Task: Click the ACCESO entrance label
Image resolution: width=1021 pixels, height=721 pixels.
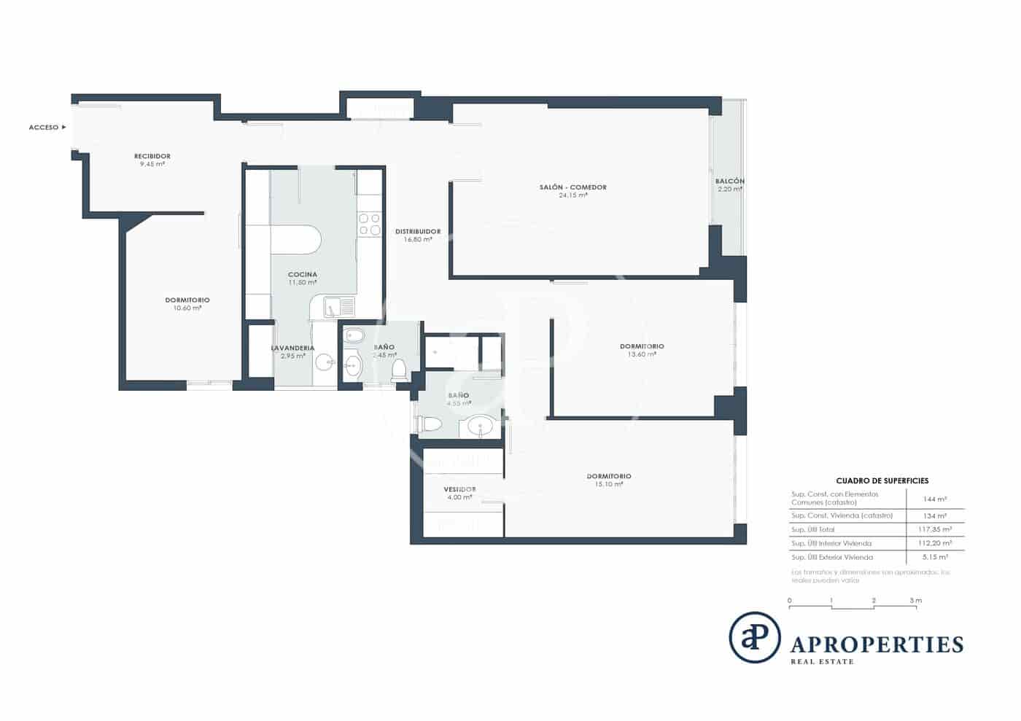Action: coord(44,128)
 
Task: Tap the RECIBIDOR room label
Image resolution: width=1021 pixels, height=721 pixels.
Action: coord(152,156)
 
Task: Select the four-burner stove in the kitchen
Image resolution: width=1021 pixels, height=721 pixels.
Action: coord(370,224)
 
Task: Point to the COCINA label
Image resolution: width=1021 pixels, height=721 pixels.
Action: coord(302,275)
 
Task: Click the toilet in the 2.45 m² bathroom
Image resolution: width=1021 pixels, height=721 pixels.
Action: coord(399,370)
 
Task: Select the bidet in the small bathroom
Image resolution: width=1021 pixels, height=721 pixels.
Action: coord(354,336)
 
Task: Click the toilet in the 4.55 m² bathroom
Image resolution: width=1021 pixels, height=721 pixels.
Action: coord(430,424)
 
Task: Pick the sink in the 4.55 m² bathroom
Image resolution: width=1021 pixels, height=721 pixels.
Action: coord(480,426)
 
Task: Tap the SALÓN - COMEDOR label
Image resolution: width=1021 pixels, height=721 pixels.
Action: coord(572,187)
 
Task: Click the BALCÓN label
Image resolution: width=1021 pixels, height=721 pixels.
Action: coord(729,181)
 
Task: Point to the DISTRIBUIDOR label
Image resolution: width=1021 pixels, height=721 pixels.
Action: coord(418,232)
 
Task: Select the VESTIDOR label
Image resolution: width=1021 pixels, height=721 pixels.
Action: coord(459,489)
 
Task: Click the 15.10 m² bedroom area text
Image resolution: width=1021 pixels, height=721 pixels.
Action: coord(608,484)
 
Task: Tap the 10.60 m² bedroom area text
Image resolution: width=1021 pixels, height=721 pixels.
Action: coord(187,308)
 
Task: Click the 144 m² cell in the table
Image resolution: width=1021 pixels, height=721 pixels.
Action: coord(934,499)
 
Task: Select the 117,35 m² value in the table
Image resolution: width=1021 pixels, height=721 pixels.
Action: coord(934,529)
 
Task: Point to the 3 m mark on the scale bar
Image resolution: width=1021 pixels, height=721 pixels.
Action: coord(915,601)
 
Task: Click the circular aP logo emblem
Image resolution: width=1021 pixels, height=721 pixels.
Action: coord(754,637)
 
